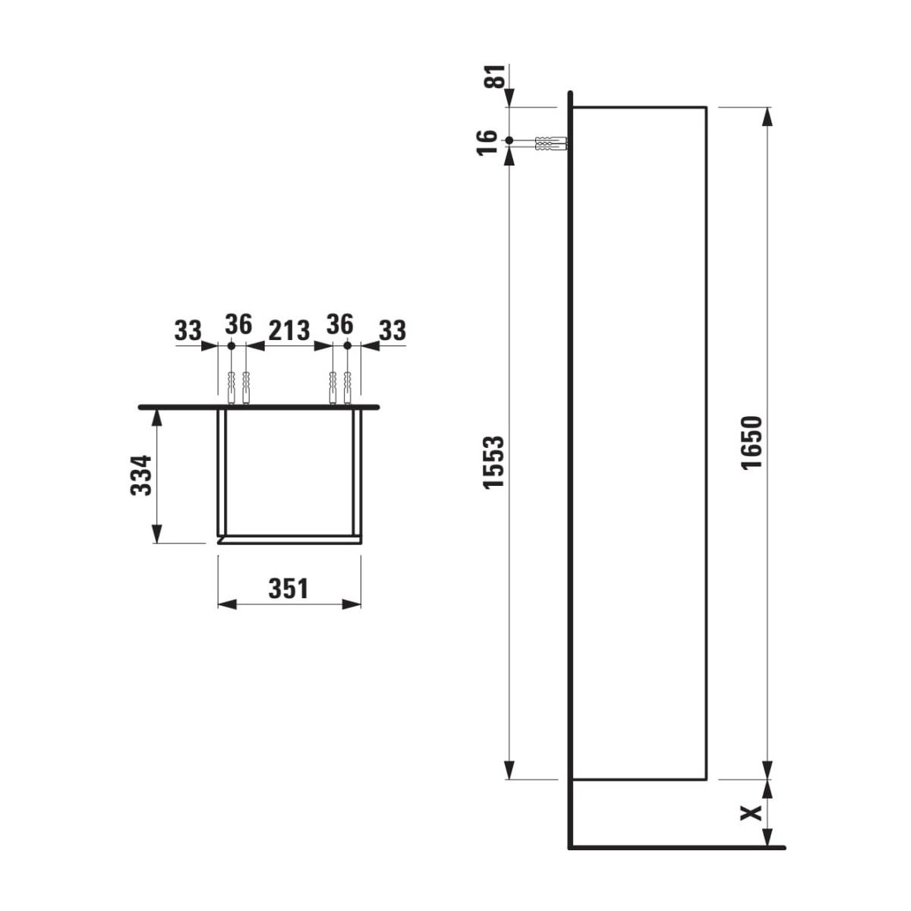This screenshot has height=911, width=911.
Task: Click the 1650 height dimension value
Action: [751, 443]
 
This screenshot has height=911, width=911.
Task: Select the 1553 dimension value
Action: [494, 462]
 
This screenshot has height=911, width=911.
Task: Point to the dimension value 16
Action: [490, 140]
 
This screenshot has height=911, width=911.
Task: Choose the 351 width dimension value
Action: [288, 588]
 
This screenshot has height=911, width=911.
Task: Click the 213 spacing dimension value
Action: [289, 330]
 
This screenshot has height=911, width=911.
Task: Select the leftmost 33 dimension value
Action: [188, 330]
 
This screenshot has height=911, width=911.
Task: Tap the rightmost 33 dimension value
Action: [392, 330]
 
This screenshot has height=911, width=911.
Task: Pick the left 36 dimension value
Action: [238, 325]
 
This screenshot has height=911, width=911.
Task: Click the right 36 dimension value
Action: [339, 325]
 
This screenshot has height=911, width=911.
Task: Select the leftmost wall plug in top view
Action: [231, 387]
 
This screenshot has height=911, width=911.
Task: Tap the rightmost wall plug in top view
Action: [347, 387]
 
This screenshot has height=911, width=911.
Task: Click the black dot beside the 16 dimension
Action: [509, 140]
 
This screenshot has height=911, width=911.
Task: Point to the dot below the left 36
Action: [231, 345]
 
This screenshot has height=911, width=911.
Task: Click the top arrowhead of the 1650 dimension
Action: [768, 115]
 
